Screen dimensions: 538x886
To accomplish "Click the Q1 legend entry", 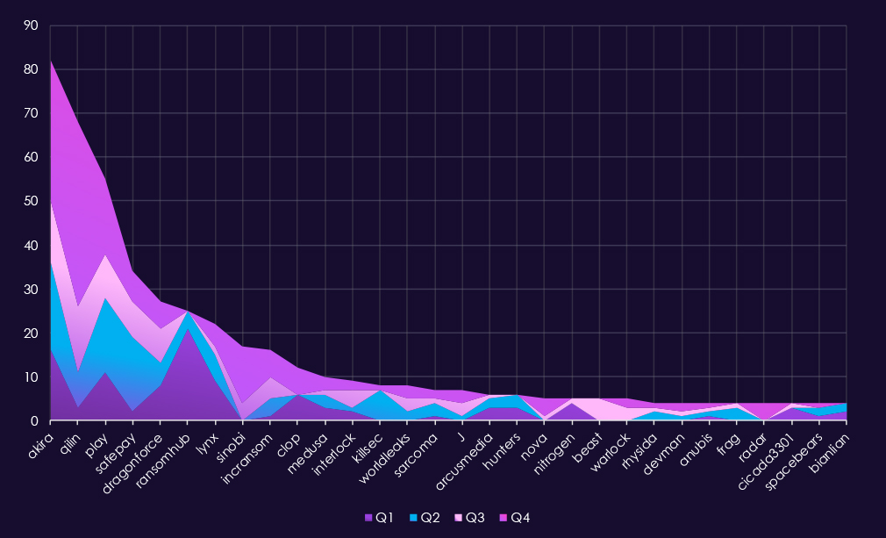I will click(x=379, y=518).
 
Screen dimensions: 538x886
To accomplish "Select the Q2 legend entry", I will click(x=425, y=518).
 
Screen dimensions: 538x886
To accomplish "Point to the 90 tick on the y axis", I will click(x=32, y=25).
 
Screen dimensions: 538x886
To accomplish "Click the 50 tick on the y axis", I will click(x=32, y=202).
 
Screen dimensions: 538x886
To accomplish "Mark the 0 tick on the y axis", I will click(x=35, y=421).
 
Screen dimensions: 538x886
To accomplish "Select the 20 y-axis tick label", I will click(x=32, y=334).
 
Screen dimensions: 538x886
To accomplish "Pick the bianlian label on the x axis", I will click(x=829, y=448).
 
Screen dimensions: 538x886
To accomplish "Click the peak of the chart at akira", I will click(x=51, y=61).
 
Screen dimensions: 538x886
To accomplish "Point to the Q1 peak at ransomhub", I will click(x=188, y=329).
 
